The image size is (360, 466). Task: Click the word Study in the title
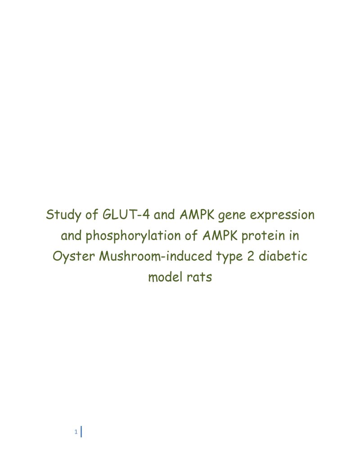point(63,215)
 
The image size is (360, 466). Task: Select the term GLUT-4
point(126,214)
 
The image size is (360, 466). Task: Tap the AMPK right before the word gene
point(197,214)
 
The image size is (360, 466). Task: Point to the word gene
point(232,216)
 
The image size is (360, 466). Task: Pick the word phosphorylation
point(133,236)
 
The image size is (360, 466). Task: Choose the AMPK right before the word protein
point(220,235)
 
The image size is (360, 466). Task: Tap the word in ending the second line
point(294,235)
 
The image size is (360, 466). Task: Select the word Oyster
point(74,257)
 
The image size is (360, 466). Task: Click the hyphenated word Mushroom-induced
point(155,256)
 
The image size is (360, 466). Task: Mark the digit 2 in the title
point(251,256)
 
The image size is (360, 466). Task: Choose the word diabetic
point(283,256)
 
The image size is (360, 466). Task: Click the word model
point(165,277)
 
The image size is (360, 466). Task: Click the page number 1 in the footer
point(76,432)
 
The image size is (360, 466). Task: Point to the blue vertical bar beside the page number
point(81,432)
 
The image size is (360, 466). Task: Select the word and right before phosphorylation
point(71,235)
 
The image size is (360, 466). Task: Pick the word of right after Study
point(92,214)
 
